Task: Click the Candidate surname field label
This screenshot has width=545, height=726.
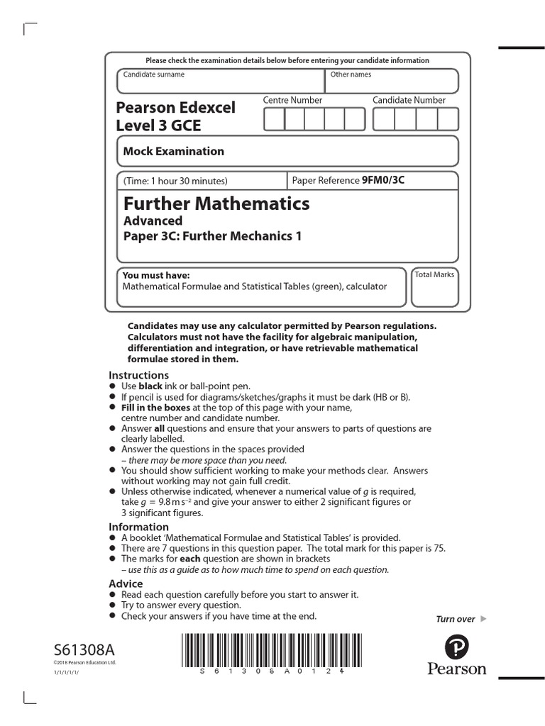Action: [153, 74]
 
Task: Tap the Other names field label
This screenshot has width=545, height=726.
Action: [351, 74]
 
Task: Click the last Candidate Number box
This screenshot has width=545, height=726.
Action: [448, 119]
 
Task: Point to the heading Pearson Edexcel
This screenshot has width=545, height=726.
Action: [175, 108]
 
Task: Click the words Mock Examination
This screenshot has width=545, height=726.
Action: [173, 151]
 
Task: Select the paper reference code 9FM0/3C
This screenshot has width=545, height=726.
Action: [382, 180]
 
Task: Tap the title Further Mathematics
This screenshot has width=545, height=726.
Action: [216, 204]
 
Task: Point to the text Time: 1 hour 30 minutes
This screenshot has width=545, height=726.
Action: [175, 181]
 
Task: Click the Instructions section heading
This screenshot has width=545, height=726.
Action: [138, 375]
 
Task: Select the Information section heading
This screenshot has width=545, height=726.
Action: [138, 527]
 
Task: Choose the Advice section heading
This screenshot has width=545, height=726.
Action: [126, 583]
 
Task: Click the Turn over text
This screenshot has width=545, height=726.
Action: [456, 619]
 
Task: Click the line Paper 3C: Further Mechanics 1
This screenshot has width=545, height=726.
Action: [212, 237]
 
